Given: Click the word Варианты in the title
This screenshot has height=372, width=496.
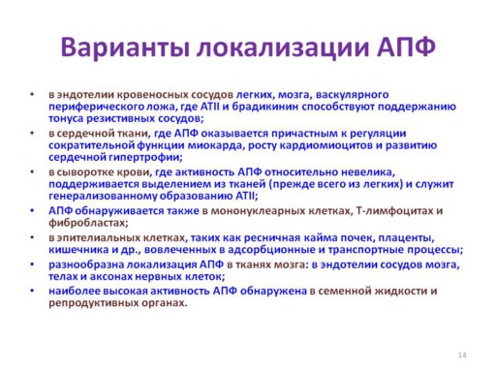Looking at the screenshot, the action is click(x=125, y=47).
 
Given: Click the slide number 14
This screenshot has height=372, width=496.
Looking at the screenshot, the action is click(x=462, y=355).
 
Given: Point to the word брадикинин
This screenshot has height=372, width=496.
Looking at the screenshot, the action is click(x=264, y=107).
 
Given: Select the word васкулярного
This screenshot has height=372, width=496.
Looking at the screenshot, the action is click(x=352, y=95).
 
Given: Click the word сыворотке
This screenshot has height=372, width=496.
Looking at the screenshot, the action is click(x=85, y=172).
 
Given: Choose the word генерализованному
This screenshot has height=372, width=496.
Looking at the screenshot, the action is click(x=103, y=196).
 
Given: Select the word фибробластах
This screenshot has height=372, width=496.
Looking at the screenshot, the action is click(x=88, y=223).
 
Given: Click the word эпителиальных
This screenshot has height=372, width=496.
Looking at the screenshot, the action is click(x=98, y=238).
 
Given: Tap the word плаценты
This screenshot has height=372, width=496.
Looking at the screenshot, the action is click(x=406, y=238).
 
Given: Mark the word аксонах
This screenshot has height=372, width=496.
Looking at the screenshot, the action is click(x=109, y=277).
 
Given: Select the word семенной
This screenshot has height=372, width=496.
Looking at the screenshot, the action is click(x=344, y=292).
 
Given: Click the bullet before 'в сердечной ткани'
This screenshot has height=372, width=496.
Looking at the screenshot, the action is click(x=32, y=133).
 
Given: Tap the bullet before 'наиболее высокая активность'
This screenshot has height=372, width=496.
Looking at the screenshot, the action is click(x=32, y=291).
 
